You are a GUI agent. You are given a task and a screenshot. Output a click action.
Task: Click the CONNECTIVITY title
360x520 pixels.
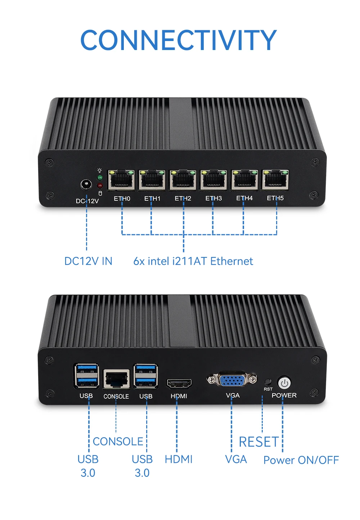coord(179,40)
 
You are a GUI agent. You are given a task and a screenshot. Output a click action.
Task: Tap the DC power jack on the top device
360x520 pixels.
coord(86,185)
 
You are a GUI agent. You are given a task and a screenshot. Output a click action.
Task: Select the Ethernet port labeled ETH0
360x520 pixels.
coord(121,180)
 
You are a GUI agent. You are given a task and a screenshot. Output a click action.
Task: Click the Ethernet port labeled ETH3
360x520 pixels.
coord(213,180)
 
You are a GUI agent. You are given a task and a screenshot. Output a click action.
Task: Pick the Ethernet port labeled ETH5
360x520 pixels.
coord(275,180)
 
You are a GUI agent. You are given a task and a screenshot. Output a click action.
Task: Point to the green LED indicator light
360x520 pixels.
coord(100,178)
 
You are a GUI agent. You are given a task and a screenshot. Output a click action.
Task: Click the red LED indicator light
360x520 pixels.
coord(100,185)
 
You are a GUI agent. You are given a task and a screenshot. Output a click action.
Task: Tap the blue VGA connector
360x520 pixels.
coord(232,380)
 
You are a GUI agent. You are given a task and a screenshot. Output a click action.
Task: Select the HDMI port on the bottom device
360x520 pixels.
coord(179,384)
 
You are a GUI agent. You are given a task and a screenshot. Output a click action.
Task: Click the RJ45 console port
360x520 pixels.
coord(116,379)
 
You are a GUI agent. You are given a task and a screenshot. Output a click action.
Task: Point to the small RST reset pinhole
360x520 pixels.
coord(267,381)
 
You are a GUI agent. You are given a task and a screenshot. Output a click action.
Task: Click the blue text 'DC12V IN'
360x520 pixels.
coord(88,261)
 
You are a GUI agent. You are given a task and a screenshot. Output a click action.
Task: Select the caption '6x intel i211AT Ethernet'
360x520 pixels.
coord(193,261)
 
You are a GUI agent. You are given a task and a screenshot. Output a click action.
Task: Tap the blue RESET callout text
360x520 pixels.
coord(258,442)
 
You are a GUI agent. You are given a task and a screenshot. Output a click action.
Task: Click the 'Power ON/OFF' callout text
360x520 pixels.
coord(301,460)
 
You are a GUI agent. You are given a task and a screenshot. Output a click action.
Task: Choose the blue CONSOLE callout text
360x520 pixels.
coord(118,442)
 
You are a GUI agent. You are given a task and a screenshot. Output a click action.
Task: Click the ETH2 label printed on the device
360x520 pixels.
coord(183,198)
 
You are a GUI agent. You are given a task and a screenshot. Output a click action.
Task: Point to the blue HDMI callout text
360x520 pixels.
coord(179,459)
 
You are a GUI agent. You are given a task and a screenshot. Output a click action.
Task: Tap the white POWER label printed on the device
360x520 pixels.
coord(284,395)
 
